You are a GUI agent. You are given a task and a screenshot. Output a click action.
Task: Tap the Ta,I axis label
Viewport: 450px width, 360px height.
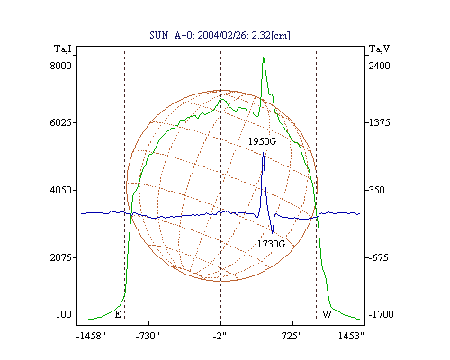pyautogui.click(x=63, y=49)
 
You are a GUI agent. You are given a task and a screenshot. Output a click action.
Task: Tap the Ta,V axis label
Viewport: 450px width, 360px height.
pyautogui.click(x=379, y=49)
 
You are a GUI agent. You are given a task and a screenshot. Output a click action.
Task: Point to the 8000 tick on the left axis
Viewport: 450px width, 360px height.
pyautogui.click(x=60, y=66)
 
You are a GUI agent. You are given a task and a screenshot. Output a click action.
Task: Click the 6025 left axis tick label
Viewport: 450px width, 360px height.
pyautogui.click(x=60, y=122)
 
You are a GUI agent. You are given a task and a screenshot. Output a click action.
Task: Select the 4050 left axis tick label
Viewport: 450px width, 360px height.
pyautogui.click(x=60, y=190)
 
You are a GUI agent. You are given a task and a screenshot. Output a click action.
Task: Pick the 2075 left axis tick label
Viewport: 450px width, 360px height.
pyautogui.click(x=60, y=257)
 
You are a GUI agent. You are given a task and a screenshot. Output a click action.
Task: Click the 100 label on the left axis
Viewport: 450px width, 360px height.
pyautogui.click(x=64, y=314)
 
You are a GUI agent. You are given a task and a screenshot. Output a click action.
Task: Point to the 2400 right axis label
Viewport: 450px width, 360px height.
pyautogui.click(x=379, y=66)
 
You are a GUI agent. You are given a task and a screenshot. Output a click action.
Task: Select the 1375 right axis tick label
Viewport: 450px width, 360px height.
pyautogui.click(x=379, y=122)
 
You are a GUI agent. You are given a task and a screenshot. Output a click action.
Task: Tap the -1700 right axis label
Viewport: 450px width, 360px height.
pyautogui.click(x=381, y=314)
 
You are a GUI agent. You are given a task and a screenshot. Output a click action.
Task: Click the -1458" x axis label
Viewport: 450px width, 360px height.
pyautogui.click(x=91, y=336)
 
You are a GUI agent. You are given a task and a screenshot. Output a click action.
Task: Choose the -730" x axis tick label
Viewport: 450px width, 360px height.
pyautogui.click(x=148, y=336)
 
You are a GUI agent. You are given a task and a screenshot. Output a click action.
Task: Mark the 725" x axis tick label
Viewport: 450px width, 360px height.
pyautogui.click(x=292, y=336)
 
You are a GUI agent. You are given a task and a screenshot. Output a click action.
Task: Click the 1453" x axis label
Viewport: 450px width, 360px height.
pyautogui.click(x=351, y=336)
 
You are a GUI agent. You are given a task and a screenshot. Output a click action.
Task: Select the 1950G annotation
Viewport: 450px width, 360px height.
pyautogui.click(x=262, y=141)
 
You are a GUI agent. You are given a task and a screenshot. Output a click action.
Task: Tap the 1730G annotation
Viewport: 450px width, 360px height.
pyautogui.click(x=271, y=244)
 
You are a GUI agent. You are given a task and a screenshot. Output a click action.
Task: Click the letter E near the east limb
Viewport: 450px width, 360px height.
pyautogui.click(x=118, y=314)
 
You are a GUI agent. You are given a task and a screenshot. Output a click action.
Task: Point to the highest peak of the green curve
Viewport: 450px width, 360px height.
pyautogui.click(x=264, y=57)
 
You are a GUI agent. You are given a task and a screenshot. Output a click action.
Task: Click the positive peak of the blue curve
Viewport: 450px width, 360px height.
pyautogui.click(x=264, y=153)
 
